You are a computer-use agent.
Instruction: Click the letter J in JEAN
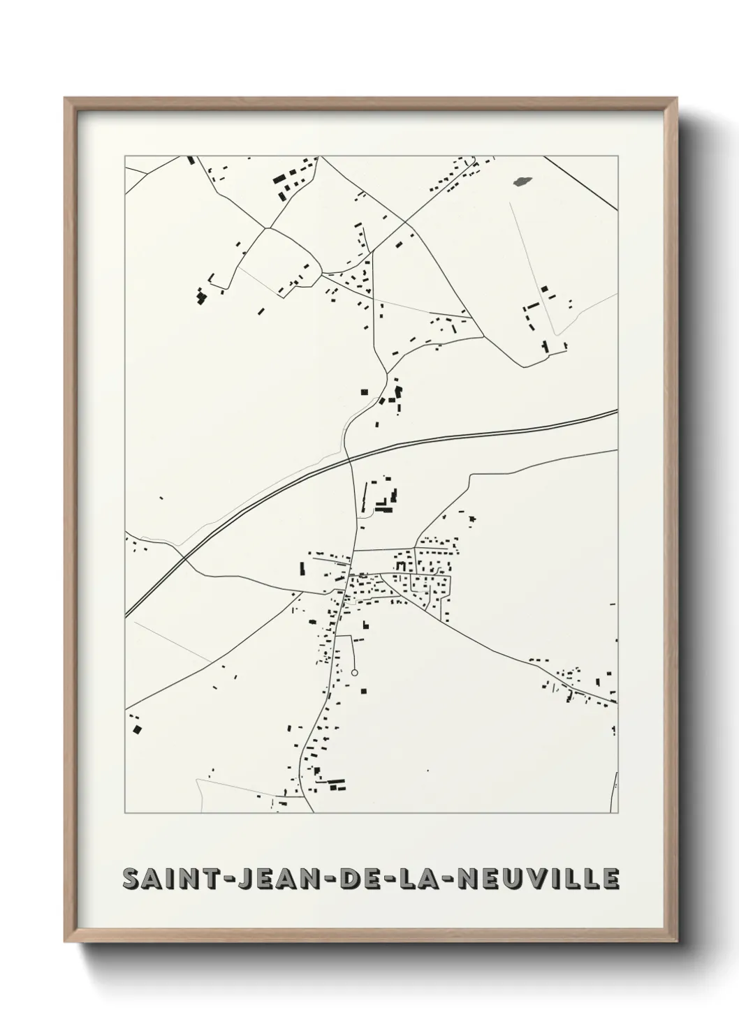pos(243,879)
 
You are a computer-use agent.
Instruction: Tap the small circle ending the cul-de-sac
pos(354,673)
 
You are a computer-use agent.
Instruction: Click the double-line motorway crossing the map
pos(489,433)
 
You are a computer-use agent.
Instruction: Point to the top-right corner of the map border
pos(617,156)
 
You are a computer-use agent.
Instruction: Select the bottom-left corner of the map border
pos(125,813)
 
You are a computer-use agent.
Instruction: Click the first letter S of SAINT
pos(131,879)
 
